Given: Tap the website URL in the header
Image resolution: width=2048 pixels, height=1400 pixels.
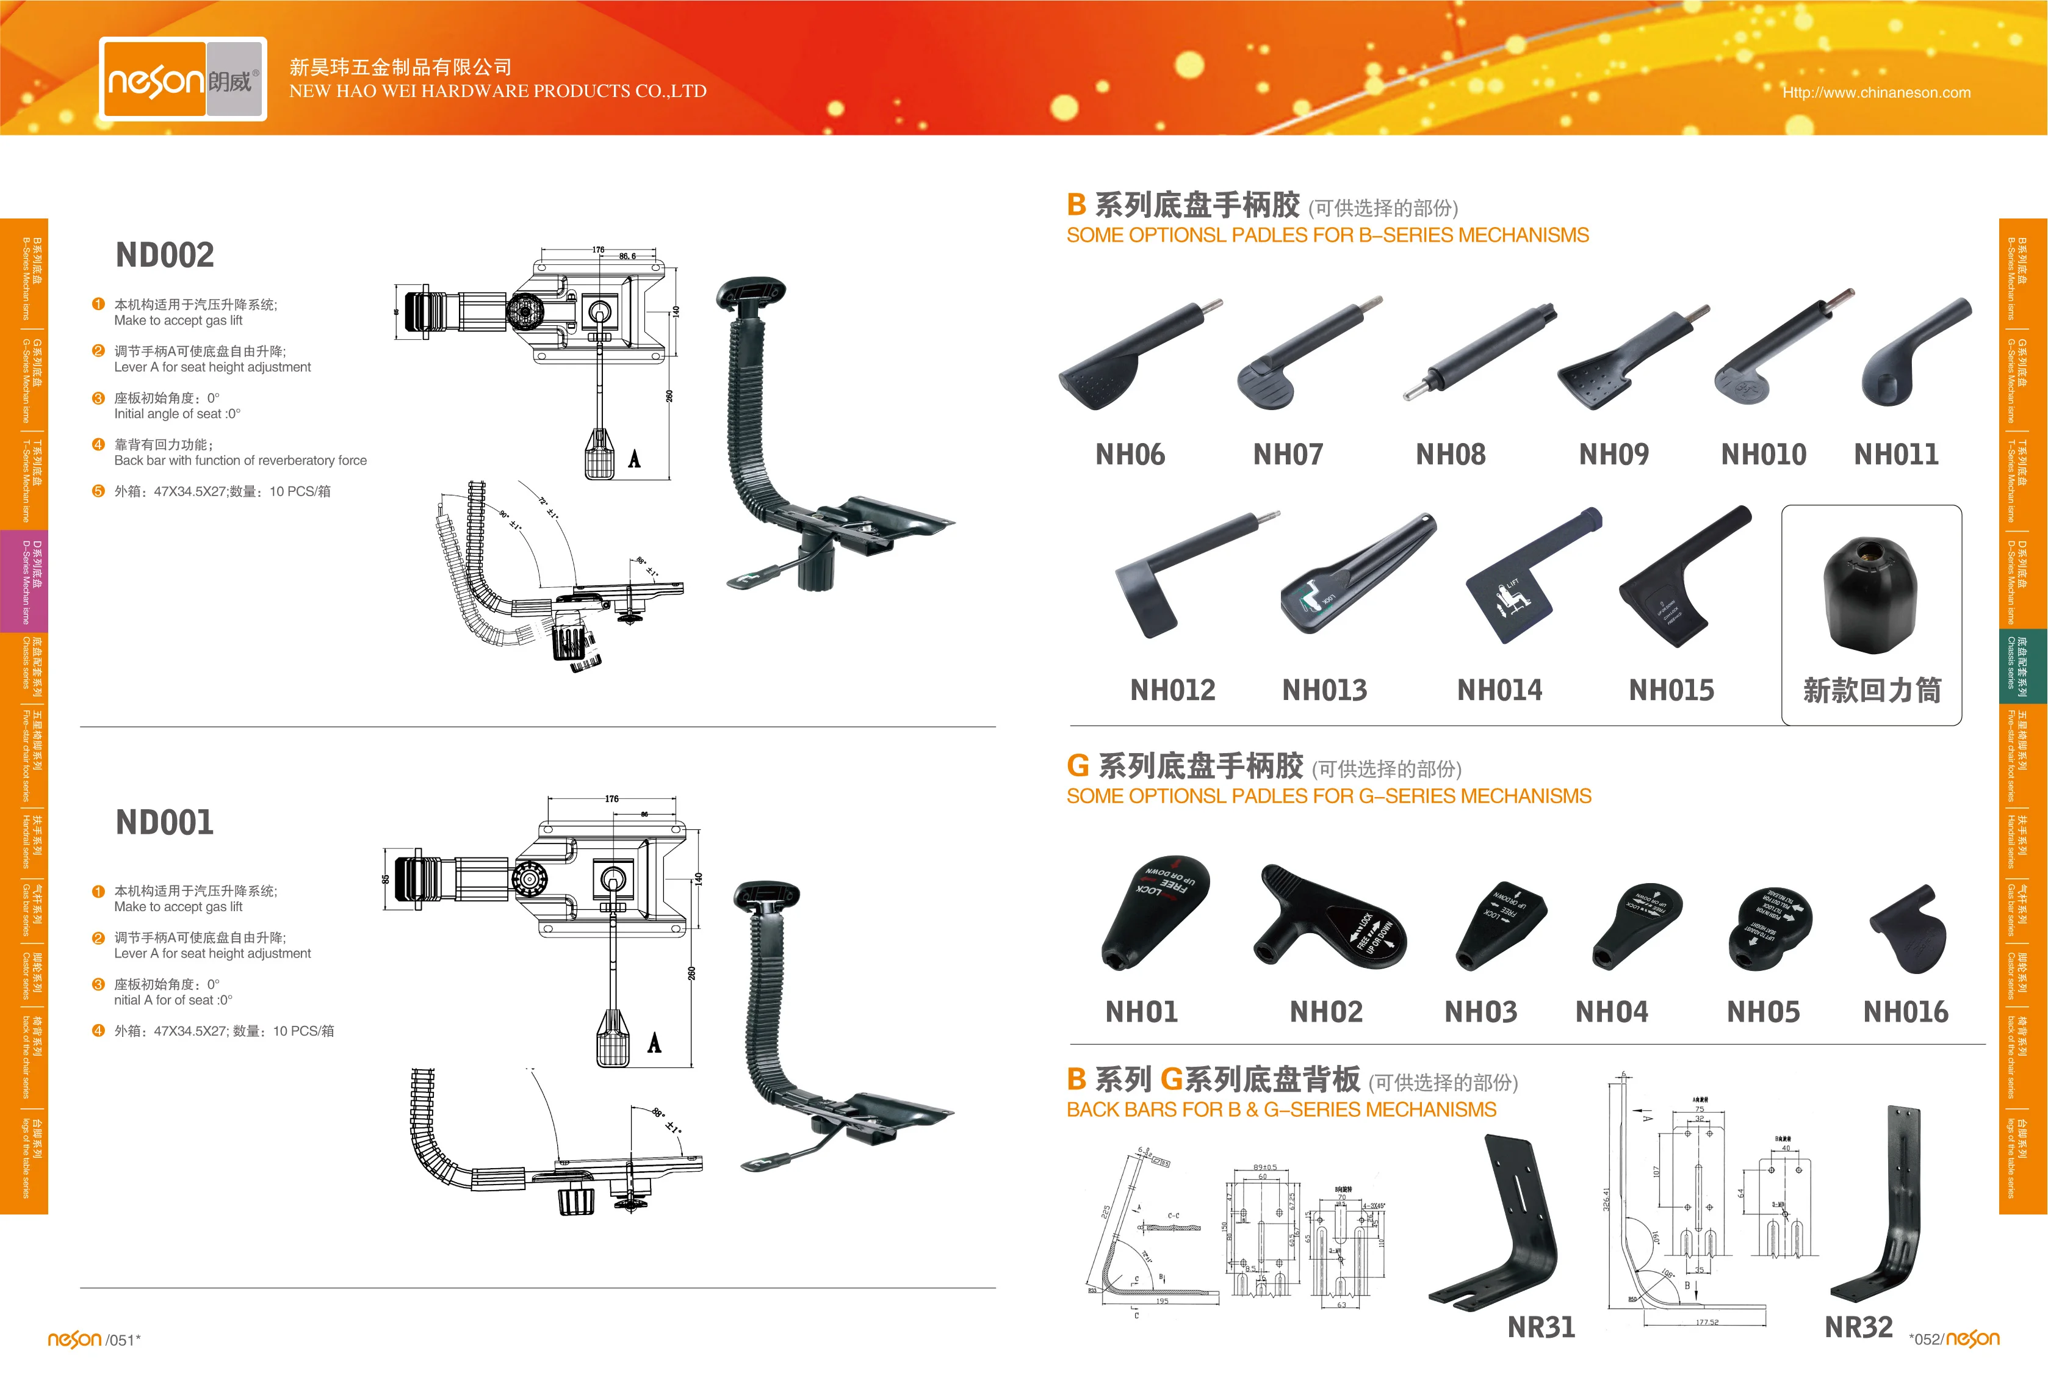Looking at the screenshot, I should [1876, 93].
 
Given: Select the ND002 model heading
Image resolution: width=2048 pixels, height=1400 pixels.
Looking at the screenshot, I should [165, 256].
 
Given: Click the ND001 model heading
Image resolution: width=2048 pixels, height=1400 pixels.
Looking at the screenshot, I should [165, 823].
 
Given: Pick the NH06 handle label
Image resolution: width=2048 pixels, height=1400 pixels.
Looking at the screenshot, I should [1130, 455].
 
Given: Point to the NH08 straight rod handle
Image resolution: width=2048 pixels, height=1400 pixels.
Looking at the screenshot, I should [1480, 352].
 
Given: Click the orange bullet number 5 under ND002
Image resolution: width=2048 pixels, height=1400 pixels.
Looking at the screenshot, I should [98, 491].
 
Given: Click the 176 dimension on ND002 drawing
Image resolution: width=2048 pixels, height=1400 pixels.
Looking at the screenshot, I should [599, 250].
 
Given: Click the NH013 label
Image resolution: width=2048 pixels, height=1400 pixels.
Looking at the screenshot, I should [1324, 690].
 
